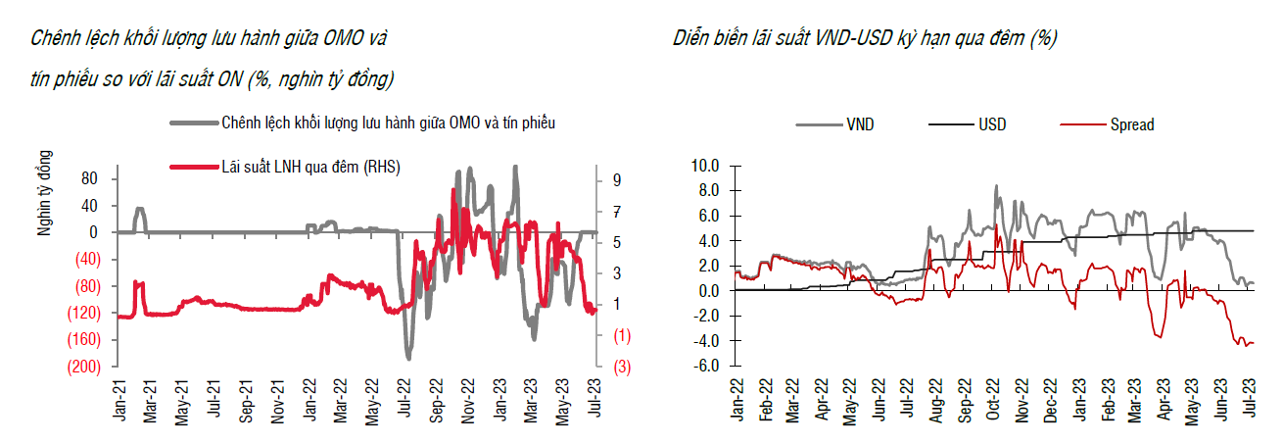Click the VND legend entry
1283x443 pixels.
tap(862, 124)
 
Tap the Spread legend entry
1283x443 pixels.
tap(1131, 124)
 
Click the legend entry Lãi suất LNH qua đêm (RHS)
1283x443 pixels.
tap(310, 168)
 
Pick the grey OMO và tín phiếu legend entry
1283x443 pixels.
tap(388, 123)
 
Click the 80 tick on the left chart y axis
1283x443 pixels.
tap(90, 178)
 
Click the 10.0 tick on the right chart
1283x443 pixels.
tap(704, 165)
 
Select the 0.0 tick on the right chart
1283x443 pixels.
tap(706, 290)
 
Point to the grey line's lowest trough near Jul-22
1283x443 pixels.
tap(408, 358)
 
